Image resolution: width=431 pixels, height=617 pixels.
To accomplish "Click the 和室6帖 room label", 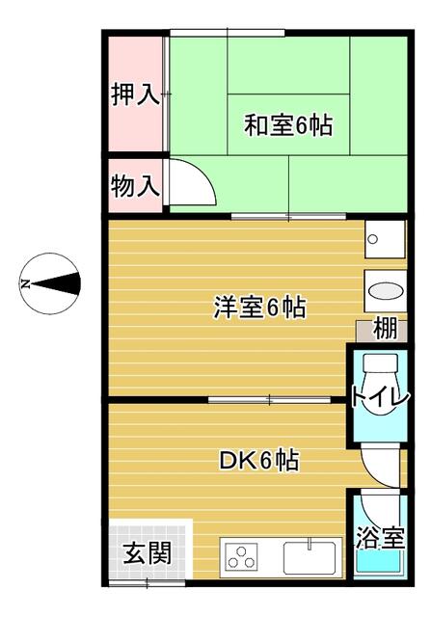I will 287,124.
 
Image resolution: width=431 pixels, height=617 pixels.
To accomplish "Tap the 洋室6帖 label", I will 259,308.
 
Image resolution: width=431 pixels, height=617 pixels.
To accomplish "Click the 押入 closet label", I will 134,95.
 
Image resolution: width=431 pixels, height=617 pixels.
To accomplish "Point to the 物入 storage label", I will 134,186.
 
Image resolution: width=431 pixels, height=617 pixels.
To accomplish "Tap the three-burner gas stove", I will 241,557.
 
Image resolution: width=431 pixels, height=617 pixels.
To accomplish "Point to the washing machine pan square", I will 384,239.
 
